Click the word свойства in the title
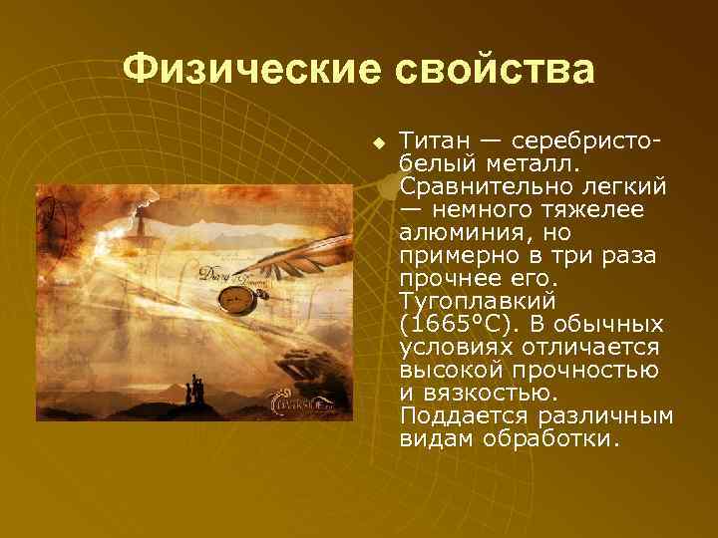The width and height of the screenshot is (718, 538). tap(496, 70)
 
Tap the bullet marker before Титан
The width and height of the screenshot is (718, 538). tap(379, 142)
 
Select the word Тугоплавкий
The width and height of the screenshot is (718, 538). tap(478, 301)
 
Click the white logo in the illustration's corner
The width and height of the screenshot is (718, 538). tap(301, 403)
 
